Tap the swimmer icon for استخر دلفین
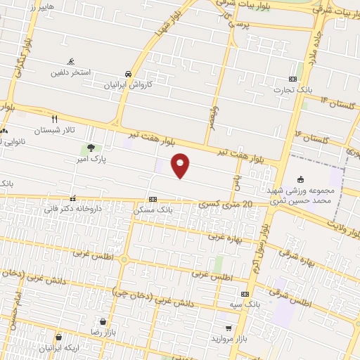[70, 61]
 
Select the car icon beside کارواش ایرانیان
[128, 74]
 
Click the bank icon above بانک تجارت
[292, 79]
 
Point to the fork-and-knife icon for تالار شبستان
[53, 119]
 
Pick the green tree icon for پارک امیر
[91, 148]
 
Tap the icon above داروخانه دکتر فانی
[73, 198]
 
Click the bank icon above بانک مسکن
[153, 199]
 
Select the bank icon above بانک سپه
[245, 294]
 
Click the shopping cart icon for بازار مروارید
[228, 328]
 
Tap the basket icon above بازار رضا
[103, 321]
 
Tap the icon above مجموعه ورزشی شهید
[302, 179]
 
